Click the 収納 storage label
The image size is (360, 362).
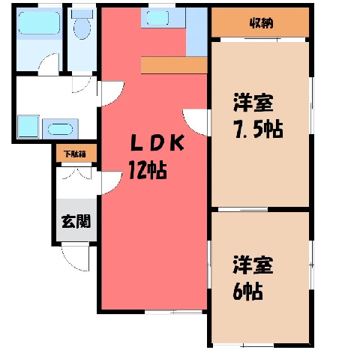pyautogui.click(x=261, y=23)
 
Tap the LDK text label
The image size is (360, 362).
pyautogui.click(x=157, y=143)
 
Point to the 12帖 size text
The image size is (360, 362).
pyautogui.click(x=148, y=170)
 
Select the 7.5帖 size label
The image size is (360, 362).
pyautogui.click(x=258, y=129)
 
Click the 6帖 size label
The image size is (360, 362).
pyautogui.click(x=247, y=292)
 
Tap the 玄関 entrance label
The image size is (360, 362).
pyautogui.click(x=76, y=221)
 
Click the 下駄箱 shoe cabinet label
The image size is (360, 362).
pyautogui.click(x=74, y=154)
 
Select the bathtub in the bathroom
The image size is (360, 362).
pyautogui.click(x=39, y=22)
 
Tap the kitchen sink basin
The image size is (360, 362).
pyautogui.click(x=157, y=18)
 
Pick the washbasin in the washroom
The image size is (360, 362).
pyautogui.click(x=60, y=129)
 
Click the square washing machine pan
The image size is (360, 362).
pyautogui.click(x=28, y=127)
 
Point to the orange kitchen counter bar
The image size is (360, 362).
pyautogui.click(x=174, y=65)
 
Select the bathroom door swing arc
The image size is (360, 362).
pyautogui.click(x=49, y=64)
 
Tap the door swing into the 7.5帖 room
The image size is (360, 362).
pyautogui.click(x=195, y=122)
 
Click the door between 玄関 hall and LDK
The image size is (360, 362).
pyautogui.click(x=112, y=183)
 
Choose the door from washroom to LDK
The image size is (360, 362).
pyautogui.click(x=112, y=93)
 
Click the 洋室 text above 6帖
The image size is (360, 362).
pyautogui.click(x=253, y=265)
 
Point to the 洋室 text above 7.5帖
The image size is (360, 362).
pyautogui.click(x=253, y=103)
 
